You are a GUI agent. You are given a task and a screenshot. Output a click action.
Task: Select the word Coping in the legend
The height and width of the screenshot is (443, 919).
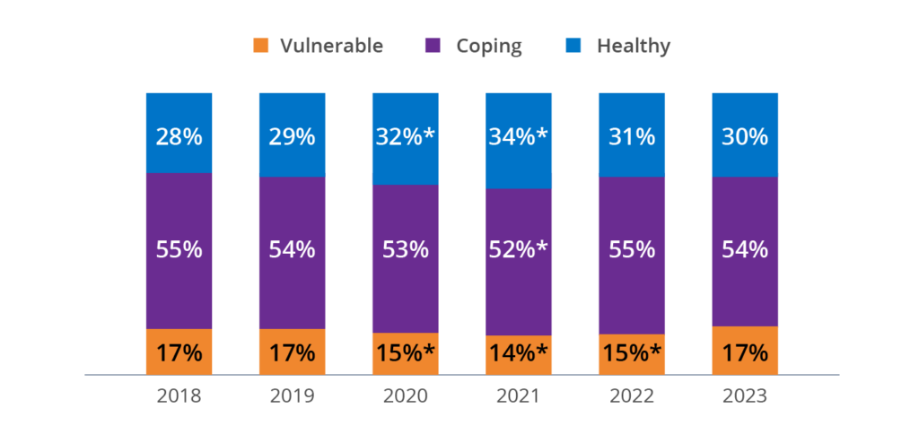pos(489,46)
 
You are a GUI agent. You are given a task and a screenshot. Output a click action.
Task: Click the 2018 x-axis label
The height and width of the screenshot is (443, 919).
pos(179,395)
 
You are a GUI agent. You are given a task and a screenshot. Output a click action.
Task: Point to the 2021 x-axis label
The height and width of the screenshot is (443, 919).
pos(519,395)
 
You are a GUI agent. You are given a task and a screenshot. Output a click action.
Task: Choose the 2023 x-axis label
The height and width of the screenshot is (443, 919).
pos(745,395)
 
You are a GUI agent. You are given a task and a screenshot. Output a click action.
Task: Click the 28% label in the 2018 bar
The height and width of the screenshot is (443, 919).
pos(179,137)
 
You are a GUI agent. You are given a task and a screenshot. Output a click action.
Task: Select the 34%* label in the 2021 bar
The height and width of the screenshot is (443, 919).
pos(519,137)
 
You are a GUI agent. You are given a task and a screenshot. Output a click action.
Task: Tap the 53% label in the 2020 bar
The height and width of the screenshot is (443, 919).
pos(406,249)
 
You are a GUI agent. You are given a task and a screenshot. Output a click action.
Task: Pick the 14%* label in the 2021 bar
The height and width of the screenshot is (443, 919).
pos(519,353)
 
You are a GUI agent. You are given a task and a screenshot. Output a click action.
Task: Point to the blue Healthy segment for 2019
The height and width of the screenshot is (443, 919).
pos(292,112)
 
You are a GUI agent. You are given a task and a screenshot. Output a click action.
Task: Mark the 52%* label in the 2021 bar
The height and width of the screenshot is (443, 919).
pos(519,249)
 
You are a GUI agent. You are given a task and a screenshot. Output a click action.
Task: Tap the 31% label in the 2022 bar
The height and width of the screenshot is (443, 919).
pos(632,137)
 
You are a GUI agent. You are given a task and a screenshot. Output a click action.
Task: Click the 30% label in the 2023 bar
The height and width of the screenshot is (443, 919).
pos(745,137)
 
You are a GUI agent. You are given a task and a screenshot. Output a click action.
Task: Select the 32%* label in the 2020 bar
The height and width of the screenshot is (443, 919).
pos(406,137)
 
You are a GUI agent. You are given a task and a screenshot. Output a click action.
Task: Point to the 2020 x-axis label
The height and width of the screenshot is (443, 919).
pos(406,395)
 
